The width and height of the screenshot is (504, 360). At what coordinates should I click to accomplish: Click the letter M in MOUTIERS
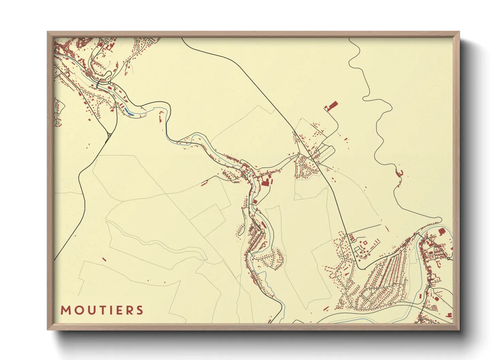pos(65,310)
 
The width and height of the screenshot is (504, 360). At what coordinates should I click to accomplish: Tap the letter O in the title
pos(77,310)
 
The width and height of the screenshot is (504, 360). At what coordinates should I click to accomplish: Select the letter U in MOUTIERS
pos(89,310)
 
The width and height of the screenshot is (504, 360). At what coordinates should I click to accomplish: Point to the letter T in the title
pos(99,310)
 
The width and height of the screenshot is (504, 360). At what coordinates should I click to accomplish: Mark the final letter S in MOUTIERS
pos(139,310)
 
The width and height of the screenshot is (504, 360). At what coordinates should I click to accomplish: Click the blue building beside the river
pos(130,111)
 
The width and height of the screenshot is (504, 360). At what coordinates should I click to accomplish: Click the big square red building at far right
pos(442,232)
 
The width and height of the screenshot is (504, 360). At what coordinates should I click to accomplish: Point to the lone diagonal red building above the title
pos(104,260)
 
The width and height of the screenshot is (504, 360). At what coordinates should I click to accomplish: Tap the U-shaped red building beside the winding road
pos(400,173)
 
